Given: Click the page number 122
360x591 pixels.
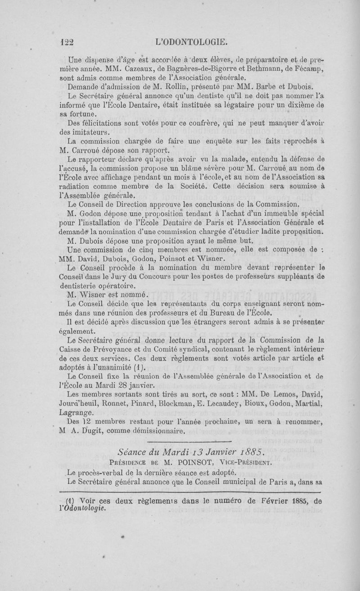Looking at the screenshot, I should click(x=67, y=43).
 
